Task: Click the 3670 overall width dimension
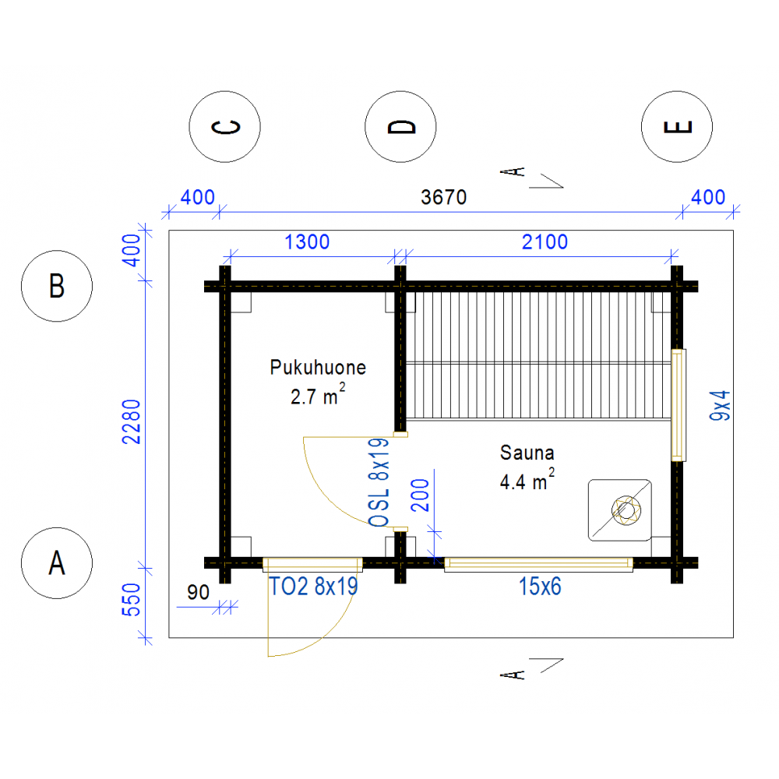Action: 444,197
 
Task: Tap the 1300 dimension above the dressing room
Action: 307,242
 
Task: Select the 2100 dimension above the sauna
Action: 545,242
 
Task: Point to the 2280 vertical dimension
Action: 132,421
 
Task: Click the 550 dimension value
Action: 132,600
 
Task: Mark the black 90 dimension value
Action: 198,592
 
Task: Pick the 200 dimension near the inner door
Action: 421,495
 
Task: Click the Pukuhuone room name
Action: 318,368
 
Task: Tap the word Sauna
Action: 527,453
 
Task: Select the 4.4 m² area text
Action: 527,480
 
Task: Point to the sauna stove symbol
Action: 619,510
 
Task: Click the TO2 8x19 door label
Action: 313,587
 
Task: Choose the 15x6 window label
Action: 540,587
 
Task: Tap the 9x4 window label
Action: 720,405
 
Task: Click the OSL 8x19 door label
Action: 379,482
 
